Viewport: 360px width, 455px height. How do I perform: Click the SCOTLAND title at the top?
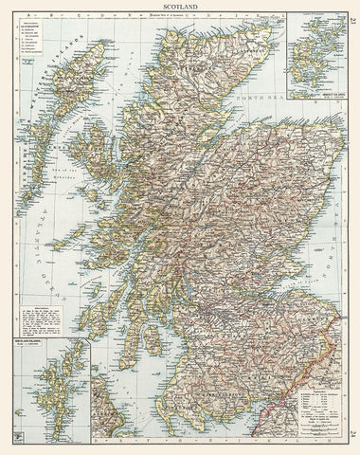(x=179, y=7)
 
